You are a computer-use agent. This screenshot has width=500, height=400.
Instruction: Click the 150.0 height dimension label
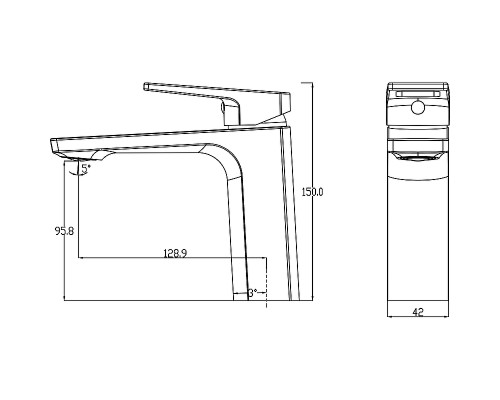click(312, 192)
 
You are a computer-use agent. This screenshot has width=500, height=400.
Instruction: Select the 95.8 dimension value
click(64, 231)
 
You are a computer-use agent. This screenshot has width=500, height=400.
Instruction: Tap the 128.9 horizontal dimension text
click(175, 253)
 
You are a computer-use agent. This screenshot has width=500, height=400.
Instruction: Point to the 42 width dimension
click(418, 312)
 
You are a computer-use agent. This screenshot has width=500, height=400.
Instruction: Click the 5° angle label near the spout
click(86, 169)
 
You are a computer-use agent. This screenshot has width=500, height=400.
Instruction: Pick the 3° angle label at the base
click(253, 293)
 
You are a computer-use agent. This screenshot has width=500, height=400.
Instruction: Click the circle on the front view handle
click(418, 107)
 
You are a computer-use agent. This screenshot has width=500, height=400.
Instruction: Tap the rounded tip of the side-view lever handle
click(146, 86)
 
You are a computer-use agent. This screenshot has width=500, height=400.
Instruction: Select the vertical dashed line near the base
click(266, 282)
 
